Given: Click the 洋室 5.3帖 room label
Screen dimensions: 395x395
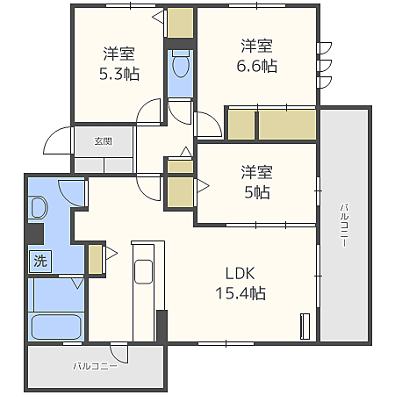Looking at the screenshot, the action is (x=119, y=63).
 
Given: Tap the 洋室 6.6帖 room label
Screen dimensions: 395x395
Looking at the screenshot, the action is (x=257, y=55).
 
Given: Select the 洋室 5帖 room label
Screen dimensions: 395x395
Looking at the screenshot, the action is (x=257, y=182).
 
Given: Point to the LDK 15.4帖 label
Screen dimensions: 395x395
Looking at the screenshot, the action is (x=241, y=284).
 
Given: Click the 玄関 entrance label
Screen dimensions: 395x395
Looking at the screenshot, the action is (x=104, y=141).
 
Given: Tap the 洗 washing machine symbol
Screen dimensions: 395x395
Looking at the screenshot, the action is (x=40, y=262).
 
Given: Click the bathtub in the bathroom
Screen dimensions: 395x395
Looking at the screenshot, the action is (x=56, y=327).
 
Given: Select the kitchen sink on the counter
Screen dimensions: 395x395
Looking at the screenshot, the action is (x=143, y=272).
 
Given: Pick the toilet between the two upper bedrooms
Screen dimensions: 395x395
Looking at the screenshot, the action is (x=181, y=64).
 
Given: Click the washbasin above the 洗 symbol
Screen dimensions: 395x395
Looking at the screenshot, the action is (x=38, y=207).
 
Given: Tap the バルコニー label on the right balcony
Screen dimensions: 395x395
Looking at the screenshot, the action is (x=344, y=226).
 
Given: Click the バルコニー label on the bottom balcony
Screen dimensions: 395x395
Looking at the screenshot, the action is (x=96, y=366).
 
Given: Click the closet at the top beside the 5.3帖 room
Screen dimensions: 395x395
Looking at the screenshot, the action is (x=180, y=23).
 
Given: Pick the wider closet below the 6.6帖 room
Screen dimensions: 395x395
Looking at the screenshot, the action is (x=287, y=125).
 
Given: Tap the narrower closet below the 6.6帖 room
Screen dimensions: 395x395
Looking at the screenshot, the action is (x=241, y=125).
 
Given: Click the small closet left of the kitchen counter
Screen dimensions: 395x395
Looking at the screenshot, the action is (x=95, y=259).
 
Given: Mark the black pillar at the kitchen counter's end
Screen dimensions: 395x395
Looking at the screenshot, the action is (x=162, y=326).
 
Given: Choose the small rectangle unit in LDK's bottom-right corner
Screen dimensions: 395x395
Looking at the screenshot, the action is (x=305, y=327).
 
